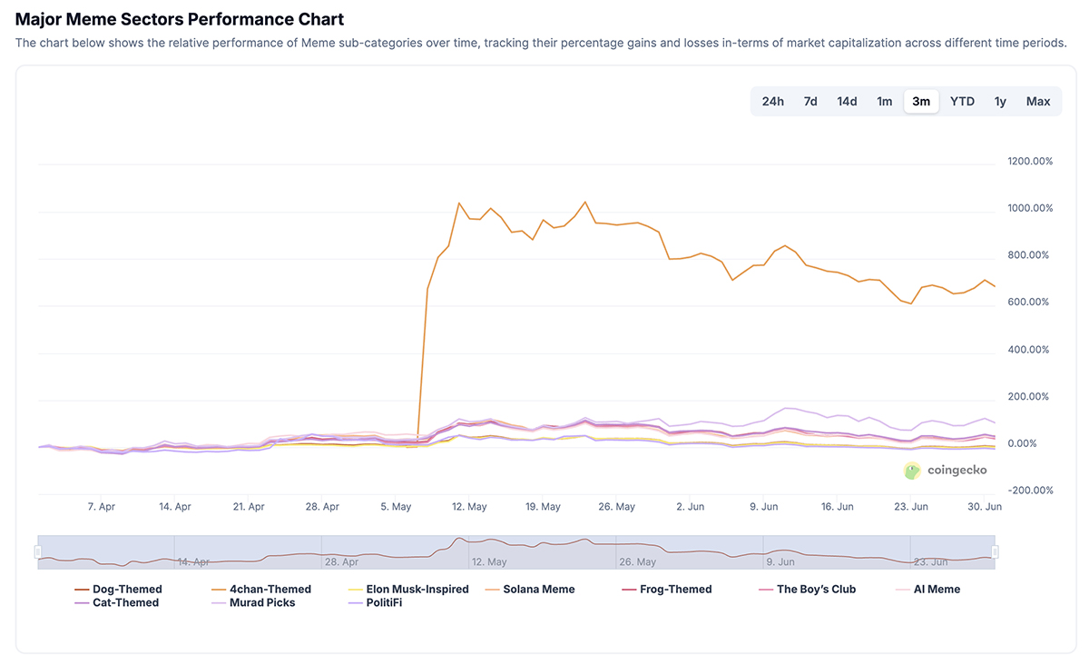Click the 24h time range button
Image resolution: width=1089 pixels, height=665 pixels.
772,101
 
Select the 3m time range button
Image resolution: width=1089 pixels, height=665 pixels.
921,101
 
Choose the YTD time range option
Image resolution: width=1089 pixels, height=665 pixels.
962,101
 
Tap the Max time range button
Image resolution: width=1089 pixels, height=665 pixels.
1038,101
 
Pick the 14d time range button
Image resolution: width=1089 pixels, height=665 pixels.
847,101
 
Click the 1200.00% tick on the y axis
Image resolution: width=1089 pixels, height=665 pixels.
1030,162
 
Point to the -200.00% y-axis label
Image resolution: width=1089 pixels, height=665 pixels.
1030,491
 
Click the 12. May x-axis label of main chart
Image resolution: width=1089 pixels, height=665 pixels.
469,507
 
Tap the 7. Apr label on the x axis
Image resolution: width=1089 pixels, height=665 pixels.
101,507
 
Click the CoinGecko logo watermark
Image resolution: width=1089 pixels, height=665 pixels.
945,471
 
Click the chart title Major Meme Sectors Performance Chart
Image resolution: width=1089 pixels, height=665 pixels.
180,19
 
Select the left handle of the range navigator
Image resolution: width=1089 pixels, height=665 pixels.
38,551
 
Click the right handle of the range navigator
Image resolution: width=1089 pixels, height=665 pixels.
996,551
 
